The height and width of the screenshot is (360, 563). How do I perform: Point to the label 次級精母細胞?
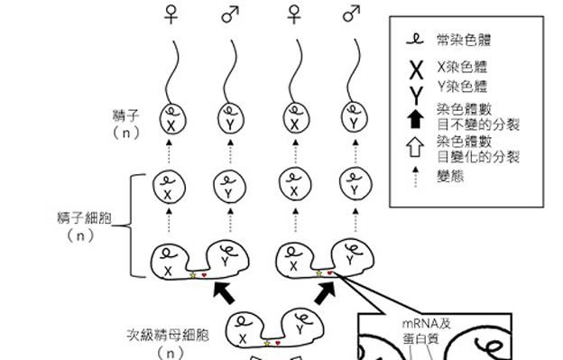tap(169, 335)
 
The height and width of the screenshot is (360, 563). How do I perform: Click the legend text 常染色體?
tap(465, 40)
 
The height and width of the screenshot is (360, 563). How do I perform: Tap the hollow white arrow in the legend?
tap(414, 148)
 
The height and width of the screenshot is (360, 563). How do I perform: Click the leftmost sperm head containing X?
tap(171, 118)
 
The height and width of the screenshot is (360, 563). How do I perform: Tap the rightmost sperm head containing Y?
tap(351, 118)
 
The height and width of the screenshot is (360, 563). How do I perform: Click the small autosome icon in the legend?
tap(414, 39)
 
